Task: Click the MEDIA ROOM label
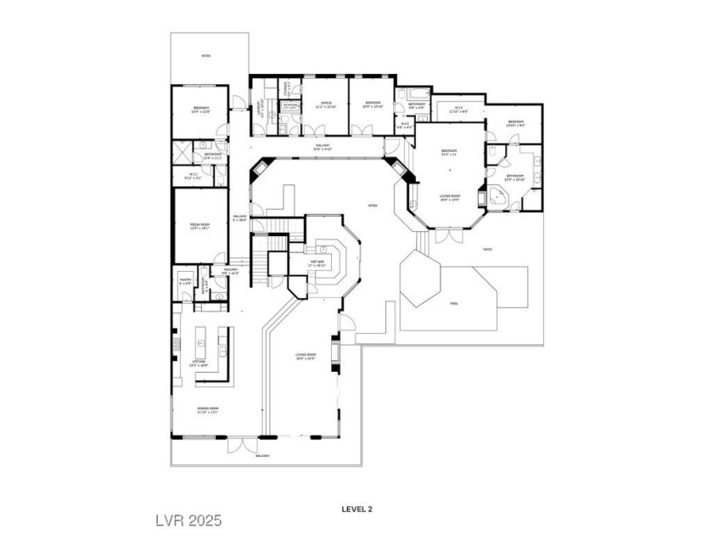[199, 224]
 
